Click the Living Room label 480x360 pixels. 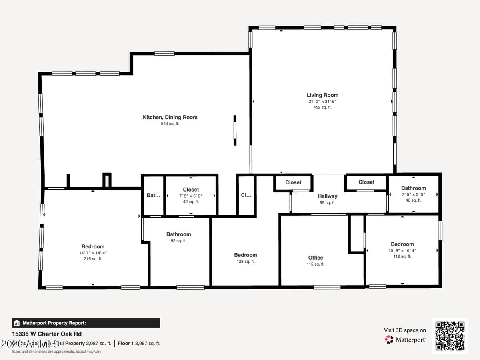click(x=322, y=95)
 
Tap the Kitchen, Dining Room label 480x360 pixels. click(x=170, y=117)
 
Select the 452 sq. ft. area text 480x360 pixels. click(x=322, y=107)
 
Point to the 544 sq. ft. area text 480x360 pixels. click(x=170, y=124)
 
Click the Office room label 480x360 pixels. click(x=316, y=258)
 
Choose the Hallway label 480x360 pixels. click(x=328, y=196)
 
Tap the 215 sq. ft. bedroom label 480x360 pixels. click(x=93, y=247)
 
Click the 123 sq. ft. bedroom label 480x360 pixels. click(x=246, y=255)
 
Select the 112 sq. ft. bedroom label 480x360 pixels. click(x=402, y=244)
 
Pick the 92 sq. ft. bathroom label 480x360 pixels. click(x=179, y=234)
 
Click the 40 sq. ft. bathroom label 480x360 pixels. click(x=413, y=188)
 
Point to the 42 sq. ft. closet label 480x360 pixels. click(x=191, y=190)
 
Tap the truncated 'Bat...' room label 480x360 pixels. click(x=154, y=196)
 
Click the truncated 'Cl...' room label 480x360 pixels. click(x=246, y=196)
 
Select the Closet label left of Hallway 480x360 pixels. click(x=293, y=182)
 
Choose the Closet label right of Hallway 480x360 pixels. click(x=366, y=182)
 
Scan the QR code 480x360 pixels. click(x=450, y=336)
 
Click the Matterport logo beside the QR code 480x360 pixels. click(x=406, y=340)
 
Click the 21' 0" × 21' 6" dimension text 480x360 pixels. click(x=322, y=102)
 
